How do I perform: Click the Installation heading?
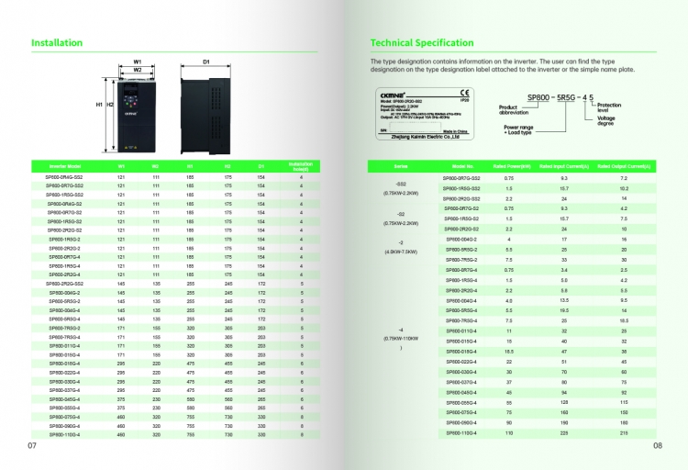point(57,42)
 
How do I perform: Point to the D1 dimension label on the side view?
point(206,61)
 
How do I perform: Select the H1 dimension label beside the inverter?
point(100,106)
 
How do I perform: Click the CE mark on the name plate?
point(465,93)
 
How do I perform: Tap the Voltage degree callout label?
point(606,120)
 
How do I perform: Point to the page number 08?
point(658,446)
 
